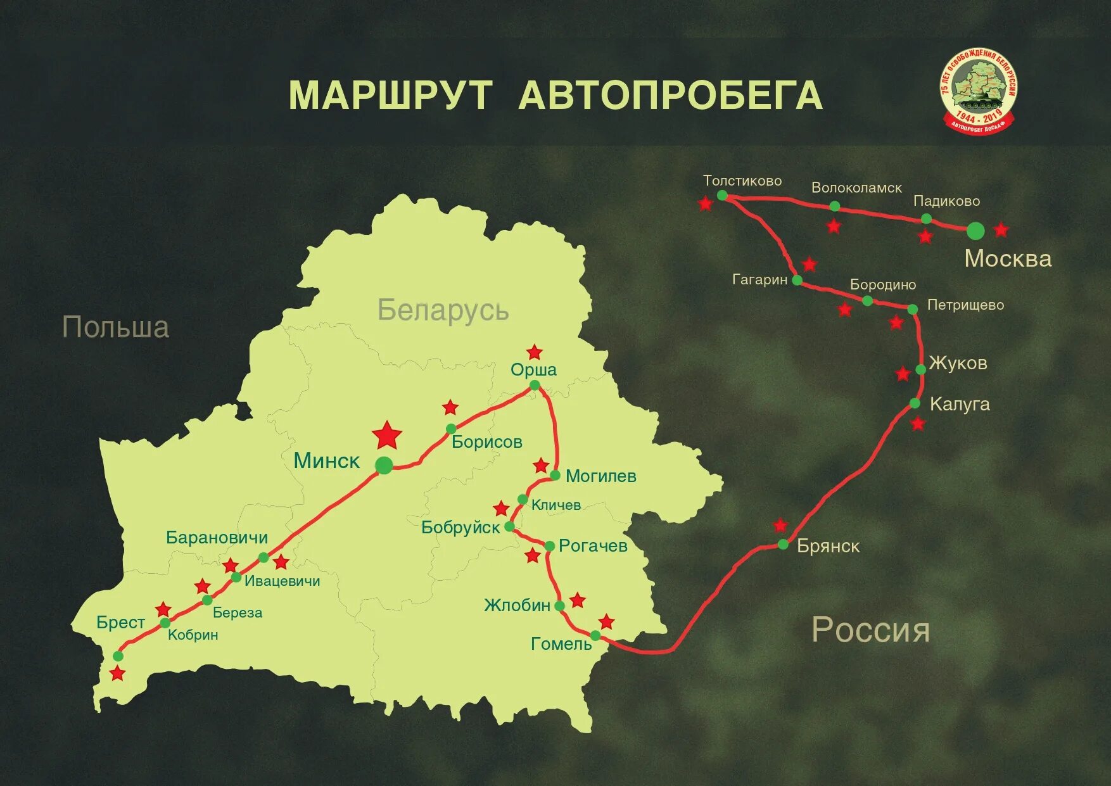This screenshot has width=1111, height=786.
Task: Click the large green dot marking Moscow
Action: tap(975, 231)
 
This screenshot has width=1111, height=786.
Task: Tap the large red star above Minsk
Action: tap(387, 435)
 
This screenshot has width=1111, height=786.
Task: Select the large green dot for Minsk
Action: tap(384, 466)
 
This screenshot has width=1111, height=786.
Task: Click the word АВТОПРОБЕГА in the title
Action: tap(670, 96)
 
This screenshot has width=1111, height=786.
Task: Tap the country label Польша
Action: tap(116, 327)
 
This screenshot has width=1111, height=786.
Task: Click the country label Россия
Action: tap(871, 630)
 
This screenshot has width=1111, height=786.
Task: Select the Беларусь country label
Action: tap(443, 310)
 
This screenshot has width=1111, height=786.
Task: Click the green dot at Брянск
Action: tap(784, 544)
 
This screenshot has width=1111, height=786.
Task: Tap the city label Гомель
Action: tap(561, 644)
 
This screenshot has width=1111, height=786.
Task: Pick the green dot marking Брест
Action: tap(118, 656)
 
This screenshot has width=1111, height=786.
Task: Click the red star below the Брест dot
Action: tap(118, 673)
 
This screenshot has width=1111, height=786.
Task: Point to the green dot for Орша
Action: tap(535, 385)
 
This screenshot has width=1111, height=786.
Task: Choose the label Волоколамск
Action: tap(856, 188)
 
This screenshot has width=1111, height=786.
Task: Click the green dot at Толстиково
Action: tap(722, 196)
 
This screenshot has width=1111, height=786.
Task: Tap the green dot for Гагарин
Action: tap(797, 280)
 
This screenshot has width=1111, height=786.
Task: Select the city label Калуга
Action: tap(959, 404)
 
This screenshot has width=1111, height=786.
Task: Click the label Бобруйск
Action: tap(460, 528)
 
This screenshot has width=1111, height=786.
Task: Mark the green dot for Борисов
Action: tap(451, 429)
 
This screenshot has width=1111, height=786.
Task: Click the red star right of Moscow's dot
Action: tap(1001, 229)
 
